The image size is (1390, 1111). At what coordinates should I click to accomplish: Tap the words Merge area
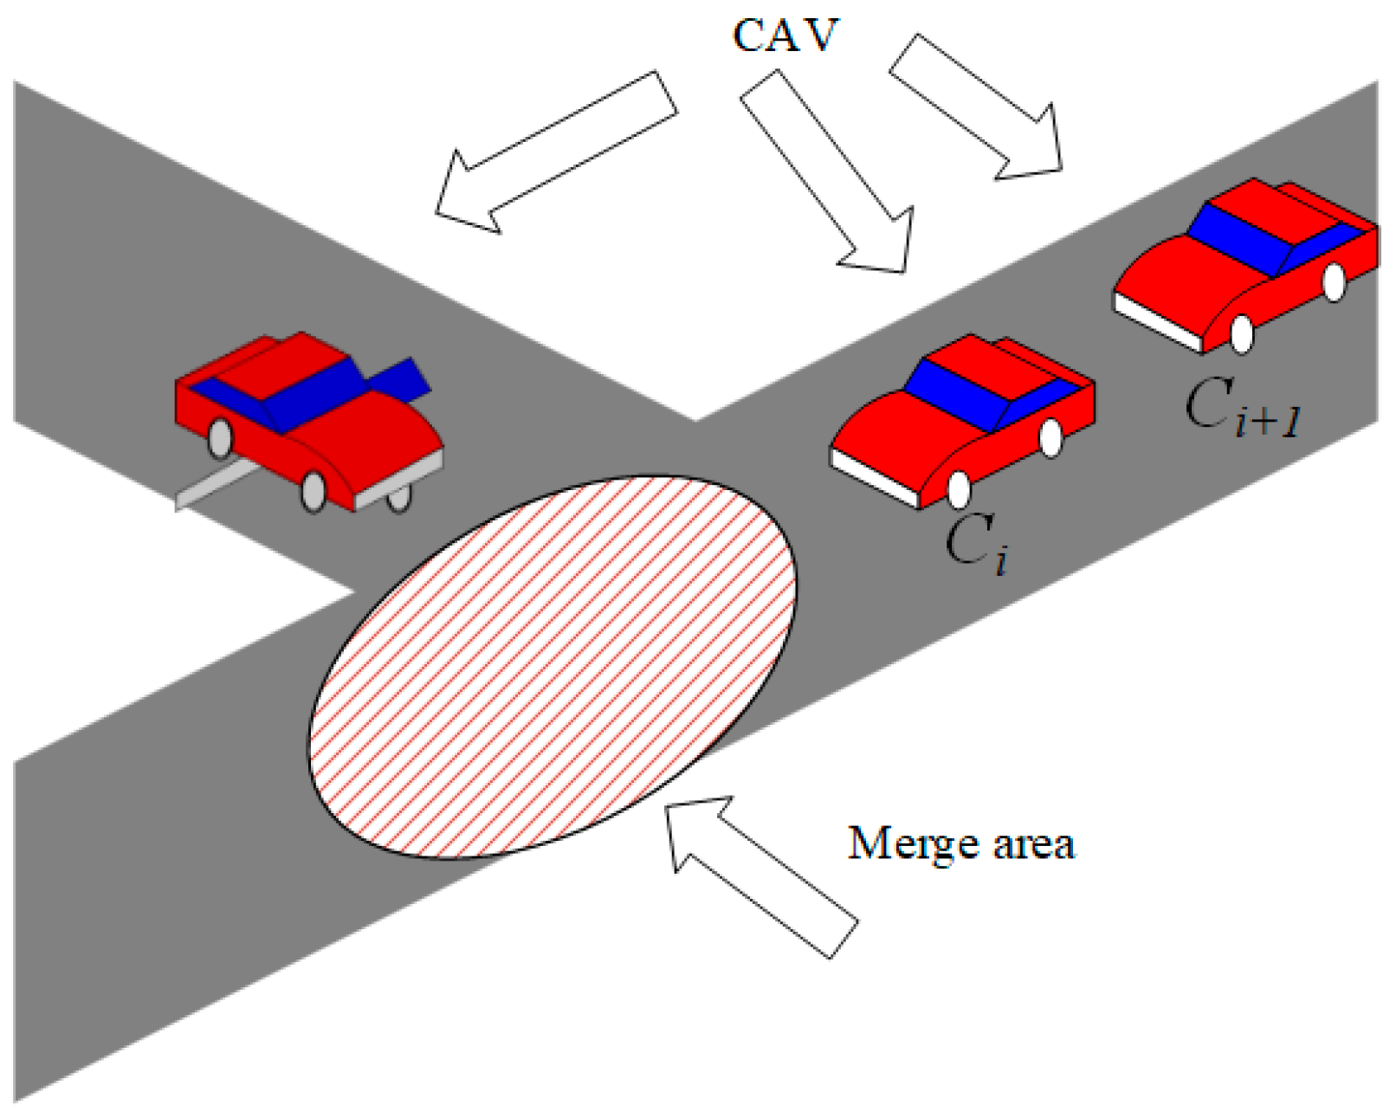click(x=960, y=843)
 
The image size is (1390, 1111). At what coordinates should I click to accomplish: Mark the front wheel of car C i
click(x=959, y=489)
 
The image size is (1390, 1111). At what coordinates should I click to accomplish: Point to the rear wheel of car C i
click(x=1051, y=438)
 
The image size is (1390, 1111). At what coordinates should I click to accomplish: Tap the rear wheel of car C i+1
click(x=1335, y=281)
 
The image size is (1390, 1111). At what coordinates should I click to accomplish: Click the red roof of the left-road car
click(x=286, y=364)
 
